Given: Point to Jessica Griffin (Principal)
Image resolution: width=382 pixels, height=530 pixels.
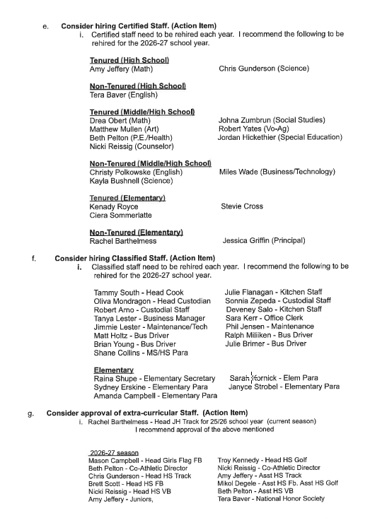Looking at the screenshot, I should coord(264,241).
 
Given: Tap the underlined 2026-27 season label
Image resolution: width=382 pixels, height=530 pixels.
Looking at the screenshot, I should coord(114,452).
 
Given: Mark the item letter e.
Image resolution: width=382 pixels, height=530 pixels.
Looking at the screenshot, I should coord(45,26).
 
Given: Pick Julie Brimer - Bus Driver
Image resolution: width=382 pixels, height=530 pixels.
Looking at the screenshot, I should coord(265,344).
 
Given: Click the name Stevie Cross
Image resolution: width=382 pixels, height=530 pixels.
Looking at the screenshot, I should coord(242,206).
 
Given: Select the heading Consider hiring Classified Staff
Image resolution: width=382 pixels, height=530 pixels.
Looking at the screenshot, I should coord(134,258).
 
